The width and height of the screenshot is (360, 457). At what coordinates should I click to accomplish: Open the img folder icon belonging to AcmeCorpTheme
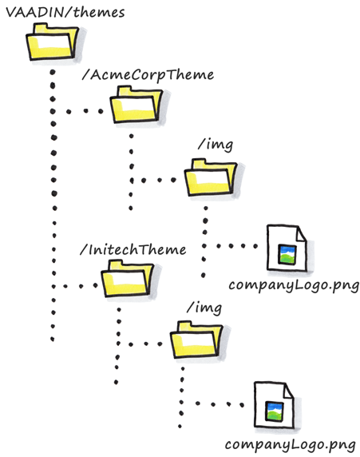coord(210,178)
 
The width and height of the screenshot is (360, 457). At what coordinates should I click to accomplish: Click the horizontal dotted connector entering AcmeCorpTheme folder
coord(83,111)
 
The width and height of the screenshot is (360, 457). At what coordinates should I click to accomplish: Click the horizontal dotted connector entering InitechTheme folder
coord(76,285)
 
